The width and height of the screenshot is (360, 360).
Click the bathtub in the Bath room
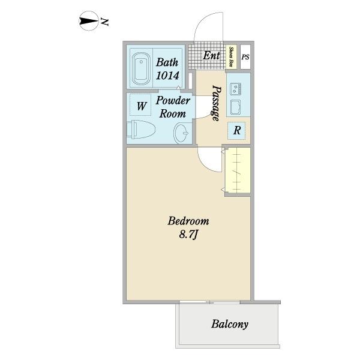coord(142,68)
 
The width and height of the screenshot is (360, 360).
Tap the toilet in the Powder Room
coord(141,129)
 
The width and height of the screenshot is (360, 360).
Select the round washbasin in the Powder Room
coord(181,133)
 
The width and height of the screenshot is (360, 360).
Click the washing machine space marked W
coord(141,106)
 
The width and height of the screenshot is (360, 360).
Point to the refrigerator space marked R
coord(236,131)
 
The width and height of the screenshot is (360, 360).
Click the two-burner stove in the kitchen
coord(235,88)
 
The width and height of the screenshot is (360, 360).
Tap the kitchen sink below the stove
coord(235,107)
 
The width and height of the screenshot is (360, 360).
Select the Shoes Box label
coord(231,57)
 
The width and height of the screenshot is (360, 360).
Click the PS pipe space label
coord(245,57)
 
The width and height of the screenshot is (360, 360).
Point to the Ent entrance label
coord(211,55)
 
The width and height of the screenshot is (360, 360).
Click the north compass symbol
coord(89,21)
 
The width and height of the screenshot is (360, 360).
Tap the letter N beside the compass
coord(104,22)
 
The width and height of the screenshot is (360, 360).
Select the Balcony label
coord(230,324)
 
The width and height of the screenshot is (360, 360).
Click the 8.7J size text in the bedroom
coord(188,235)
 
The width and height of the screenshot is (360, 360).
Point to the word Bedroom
coord(188,221)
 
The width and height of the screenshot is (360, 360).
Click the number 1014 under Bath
coord(167,76)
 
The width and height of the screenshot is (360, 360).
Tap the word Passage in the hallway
coord(216,103)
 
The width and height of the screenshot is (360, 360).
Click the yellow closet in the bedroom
coord(238,170)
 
